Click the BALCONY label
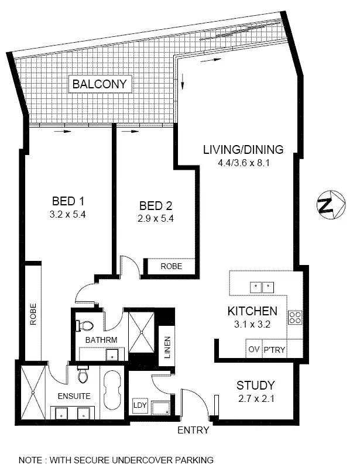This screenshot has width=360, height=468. pyautogui.click(x=99, y=84)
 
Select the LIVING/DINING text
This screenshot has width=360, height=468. pyautogui.click(x=243, y=149)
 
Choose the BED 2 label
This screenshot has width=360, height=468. pyautogui.click(x=155, y=206)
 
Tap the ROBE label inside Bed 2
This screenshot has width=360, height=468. pyautogui.click(x=171, y=266)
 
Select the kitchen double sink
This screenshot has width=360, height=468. pyautogui.click(x=261, y=287)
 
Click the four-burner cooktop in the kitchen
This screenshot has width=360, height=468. pyautogui.click(x=295, y=318)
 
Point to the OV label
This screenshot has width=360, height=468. pyautogui.click(x=253, y=349)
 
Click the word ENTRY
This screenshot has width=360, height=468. pyautogui.click(x=193, y=431)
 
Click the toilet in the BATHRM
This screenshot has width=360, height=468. pyautogui.click(x=86, y=325)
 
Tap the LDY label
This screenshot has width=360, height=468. pyautogui.click(x=139, y=405)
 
